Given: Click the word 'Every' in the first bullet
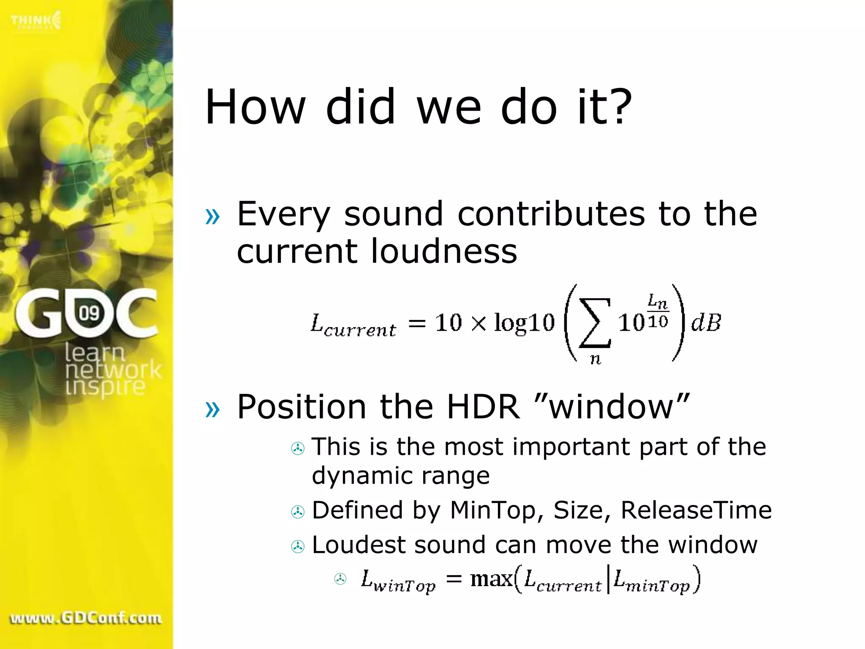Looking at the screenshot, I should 283,215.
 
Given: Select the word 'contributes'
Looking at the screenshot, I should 551,214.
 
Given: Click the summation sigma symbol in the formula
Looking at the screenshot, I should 595,323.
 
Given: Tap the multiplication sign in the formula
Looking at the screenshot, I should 478,324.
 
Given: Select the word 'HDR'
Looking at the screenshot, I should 483,406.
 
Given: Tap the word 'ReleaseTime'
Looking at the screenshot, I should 696,510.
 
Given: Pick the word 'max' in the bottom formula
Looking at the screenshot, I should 491,579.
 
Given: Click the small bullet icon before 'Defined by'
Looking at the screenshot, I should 298,512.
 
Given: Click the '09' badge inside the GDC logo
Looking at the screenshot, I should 89,313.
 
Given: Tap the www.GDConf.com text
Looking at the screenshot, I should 86,618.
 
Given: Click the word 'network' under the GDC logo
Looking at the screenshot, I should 113,370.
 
